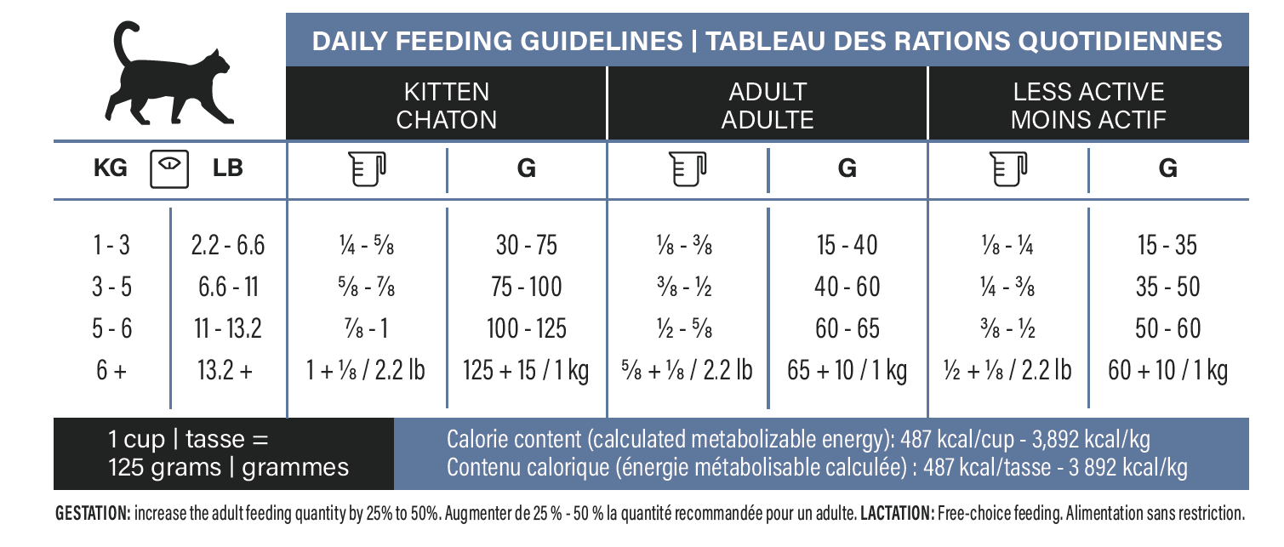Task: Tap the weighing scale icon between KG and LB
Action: coord(169,168)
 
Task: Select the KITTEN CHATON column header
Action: coord(446,105)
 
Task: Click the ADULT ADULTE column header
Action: coord(767,105)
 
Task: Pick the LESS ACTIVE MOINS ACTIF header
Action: coord(1088,105)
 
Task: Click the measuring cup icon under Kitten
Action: coord(367,168)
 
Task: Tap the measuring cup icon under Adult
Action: coord(688,168)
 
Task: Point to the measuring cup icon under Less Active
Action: coord(1008,168)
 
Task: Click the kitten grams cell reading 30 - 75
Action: coord(526,245)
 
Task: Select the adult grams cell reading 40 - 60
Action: coord(847,287)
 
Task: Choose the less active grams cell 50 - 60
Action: coord(1167,328)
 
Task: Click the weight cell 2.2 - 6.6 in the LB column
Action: coord(227,245)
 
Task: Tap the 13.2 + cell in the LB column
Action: coord(225,370)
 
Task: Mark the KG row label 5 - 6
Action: coord(111,328)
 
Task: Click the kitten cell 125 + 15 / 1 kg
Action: coord(526,370)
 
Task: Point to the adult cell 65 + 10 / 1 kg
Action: coord(847,370)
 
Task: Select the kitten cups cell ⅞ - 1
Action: coord(366,328)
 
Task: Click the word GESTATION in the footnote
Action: coord(93,513)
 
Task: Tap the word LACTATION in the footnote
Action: coord(898,513)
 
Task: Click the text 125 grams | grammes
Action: coord(228,468)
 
